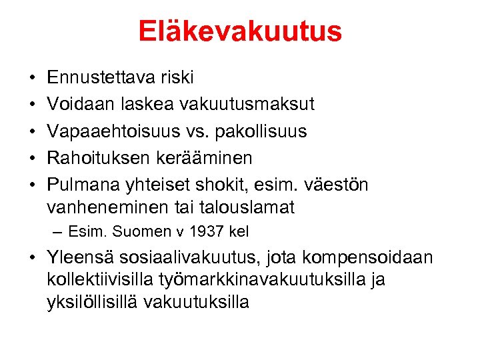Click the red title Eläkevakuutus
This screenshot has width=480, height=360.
click(x=240, y=31)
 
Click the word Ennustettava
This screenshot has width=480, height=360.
click(x=101, y=78)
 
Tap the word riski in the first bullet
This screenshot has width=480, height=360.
click(x=177, y=78)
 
